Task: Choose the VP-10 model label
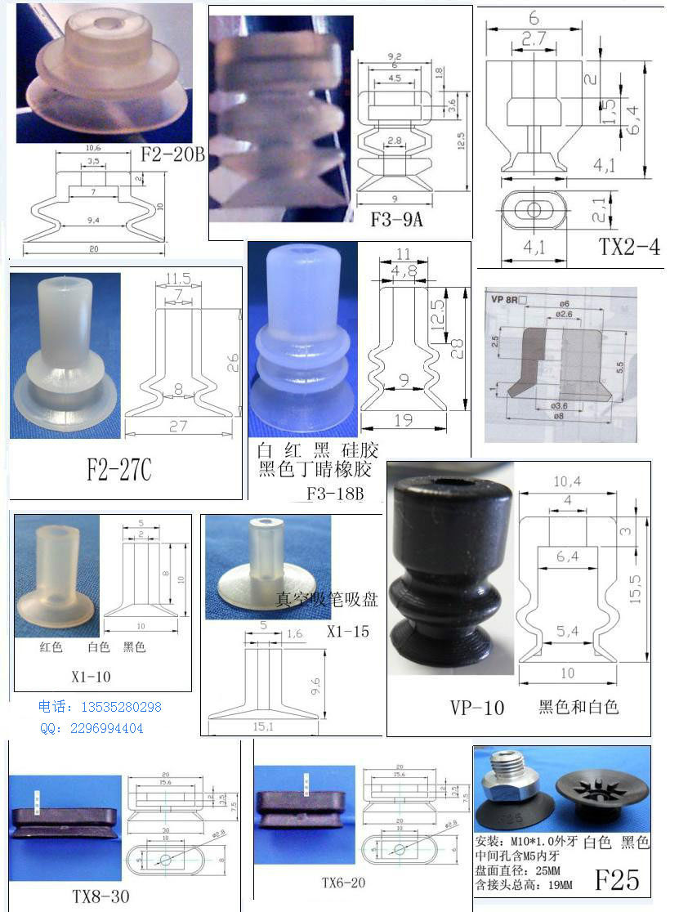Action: coord(476,708)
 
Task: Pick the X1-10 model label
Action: coord(92,676)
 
